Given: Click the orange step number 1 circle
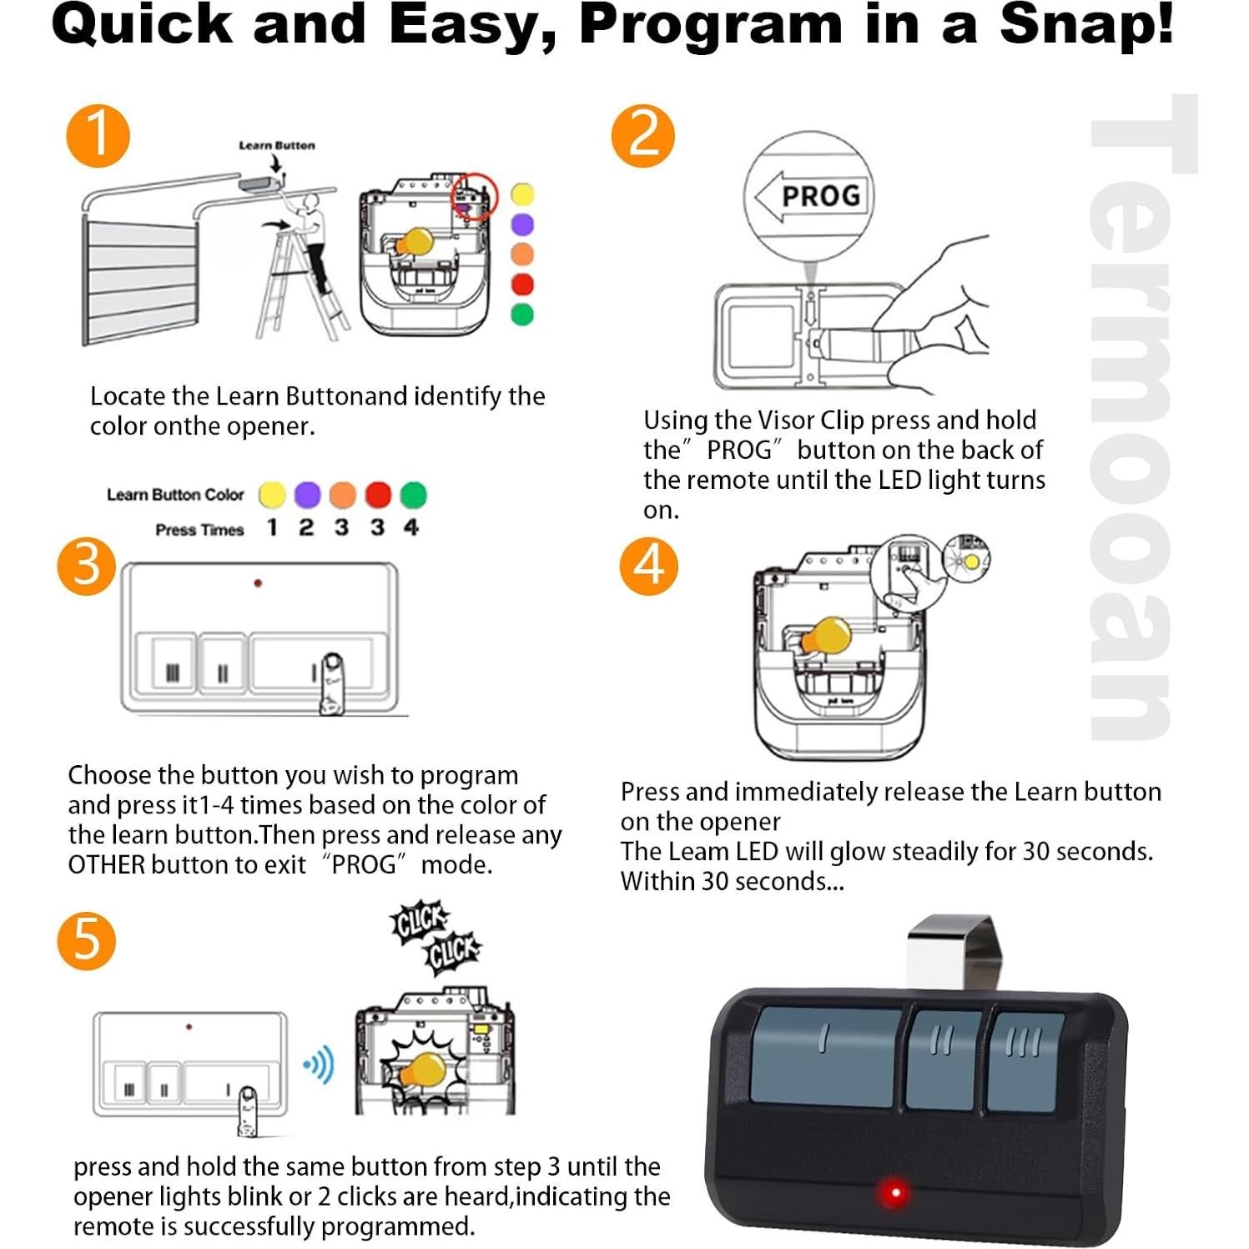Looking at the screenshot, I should [x=98, y=135].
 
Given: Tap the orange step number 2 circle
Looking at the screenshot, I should [x=642, y=135].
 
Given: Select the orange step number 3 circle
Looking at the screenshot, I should [x=87, y=566].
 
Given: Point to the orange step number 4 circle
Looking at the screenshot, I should [x=649, y=566].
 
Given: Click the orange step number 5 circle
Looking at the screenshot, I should [x=87, y=940].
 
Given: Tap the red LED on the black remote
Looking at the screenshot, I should [x=895, y=1191].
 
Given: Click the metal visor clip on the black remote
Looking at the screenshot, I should [x=951, y=951].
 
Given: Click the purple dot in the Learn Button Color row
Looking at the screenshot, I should [x=307, y=495].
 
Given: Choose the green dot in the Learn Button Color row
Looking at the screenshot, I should [x=413, y=495].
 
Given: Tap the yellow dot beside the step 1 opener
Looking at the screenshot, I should [x=522, y=194].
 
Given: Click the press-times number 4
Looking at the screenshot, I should [x=410, y=527].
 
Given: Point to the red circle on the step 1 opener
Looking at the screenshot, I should [x=474, y=197].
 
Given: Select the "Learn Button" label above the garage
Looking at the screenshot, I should [x=276, y=145].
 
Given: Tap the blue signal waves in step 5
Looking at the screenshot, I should [x=320, y=1065].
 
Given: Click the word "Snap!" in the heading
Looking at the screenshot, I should [x=1086, y=25].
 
